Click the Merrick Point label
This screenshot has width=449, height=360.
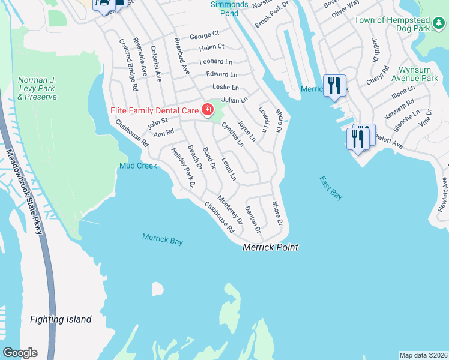pos(270,247)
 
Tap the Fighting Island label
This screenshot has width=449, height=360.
pos(61,320)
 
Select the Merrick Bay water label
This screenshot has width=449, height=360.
pos(162,239)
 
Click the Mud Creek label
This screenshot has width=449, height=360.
pos(138,166)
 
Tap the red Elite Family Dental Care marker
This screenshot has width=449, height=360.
pos(208,109)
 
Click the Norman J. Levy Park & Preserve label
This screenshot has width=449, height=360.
pos(37,88)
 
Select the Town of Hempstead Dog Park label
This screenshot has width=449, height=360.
pos(401,24)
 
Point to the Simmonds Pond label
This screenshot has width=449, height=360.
pos(229,8)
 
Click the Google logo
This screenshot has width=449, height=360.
pos(19,352)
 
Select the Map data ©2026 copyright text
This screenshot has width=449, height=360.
pos(423,355)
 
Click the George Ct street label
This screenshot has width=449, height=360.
pos(205,36)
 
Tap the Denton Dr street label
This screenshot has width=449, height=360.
pos(252,220)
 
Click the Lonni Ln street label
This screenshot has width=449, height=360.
pos(229,169)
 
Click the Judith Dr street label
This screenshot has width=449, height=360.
pos(376,50)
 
